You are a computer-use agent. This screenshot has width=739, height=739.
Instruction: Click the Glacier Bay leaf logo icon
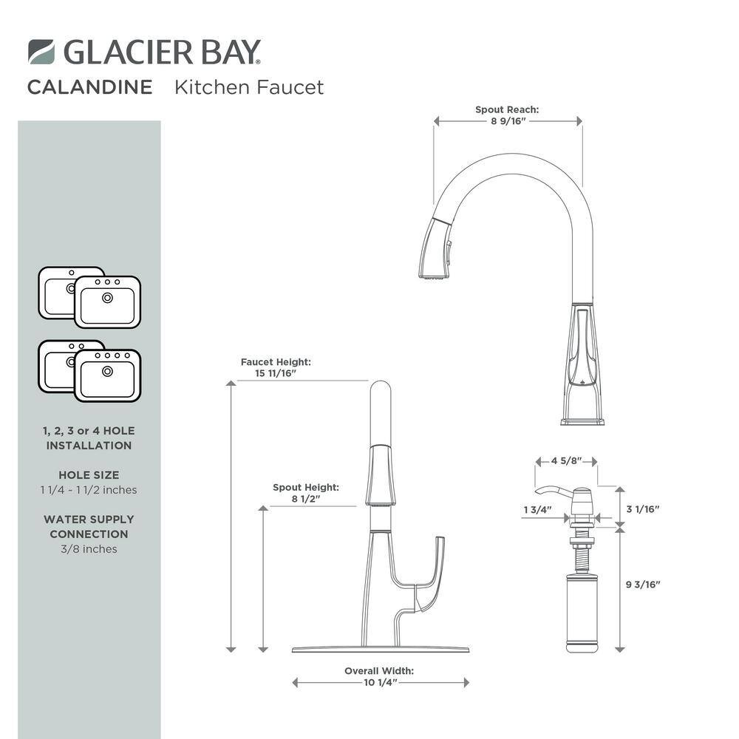[x=41, y=52]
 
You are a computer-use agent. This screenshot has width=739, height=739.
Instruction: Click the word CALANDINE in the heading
[x=90, y=87]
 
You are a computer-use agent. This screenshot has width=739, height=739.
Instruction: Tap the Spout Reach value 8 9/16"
[x=508, y=121]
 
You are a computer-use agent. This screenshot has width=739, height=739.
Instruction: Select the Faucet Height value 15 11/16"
[x=276, y=373]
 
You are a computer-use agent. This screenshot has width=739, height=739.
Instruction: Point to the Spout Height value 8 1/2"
[x=306, y=499]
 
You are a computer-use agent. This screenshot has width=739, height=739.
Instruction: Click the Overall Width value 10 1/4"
[x=381, y=682]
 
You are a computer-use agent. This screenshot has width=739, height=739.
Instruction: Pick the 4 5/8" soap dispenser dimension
[x=567, y=460]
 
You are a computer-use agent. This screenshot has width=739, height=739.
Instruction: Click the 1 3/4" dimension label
[x=537, y=509]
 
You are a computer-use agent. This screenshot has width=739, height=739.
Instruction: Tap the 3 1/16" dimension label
[x=643, y=509]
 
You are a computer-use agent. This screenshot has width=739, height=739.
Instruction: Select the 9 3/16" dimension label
[x=643, y=585]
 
